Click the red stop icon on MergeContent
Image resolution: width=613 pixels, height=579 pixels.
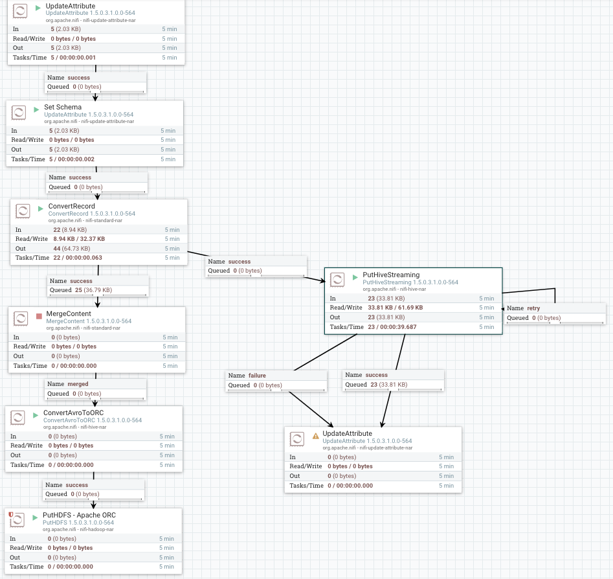click(39, 316)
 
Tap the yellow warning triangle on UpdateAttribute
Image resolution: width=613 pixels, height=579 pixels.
click(315, 436)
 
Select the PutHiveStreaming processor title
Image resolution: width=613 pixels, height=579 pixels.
click(391, 275)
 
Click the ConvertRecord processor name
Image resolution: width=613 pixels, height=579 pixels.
click(72, 206)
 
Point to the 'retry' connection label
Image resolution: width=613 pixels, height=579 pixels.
click(533, 308)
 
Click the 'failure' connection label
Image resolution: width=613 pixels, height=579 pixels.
click(257, 376)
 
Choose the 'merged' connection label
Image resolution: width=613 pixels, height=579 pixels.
click(78, 384)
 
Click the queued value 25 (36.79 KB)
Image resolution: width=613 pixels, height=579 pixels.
click(93, 290)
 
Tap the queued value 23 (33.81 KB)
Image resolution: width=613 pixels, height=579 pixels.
click(389, 385)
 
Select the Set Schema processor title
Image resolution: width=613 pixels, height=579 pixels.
click(63, 108)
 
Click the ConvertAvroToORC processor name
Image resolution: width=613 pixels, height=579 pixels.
click(74, 413)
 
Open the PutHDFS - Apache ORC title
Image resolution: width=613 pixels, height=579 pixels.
click(80, 516)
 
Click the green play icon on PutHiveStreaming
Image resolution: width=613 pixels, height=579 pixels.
click(355, 277)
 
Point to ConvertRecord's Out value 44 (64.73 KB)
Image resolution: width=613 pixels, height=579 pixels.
click(72, 249)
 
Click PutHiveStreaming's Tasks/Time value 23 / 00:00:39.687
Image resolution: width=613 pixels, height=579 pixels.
click(392, 327)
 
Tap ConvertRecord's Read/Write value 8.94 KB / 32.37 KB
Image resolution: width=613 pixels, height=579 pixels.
click(79, 239)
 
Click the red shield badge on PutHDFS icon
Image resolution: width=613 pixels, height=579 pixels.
click(11, 515)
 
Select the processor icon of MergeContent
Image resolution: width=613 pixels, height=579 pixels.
click(21, 319)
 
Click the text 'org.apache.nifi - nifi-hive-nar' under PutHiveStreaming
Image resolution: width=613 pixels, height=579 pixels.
click(394, 289)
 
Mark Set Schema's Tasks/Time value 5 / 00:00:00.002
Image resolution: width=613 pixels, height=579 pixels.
click(72, 159)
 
